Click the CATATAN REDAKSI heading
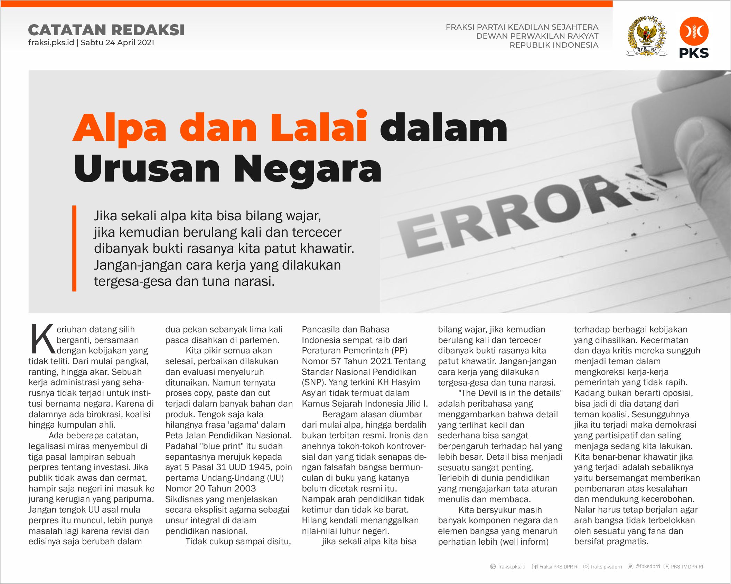point(106,30)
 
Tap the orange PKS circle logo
point(694,31)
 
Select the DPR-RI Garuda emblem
point(646,36)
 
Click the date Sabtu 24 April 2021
point(118,43)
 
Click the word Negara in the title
point(307,169)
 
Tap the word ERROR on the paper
point(518,217)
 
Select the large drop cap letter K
point(42,339)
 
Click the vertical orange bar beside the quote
point(74,248)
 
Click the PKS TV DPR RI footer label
point(686,567)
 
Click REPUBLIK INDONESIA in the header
point(554,45)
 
